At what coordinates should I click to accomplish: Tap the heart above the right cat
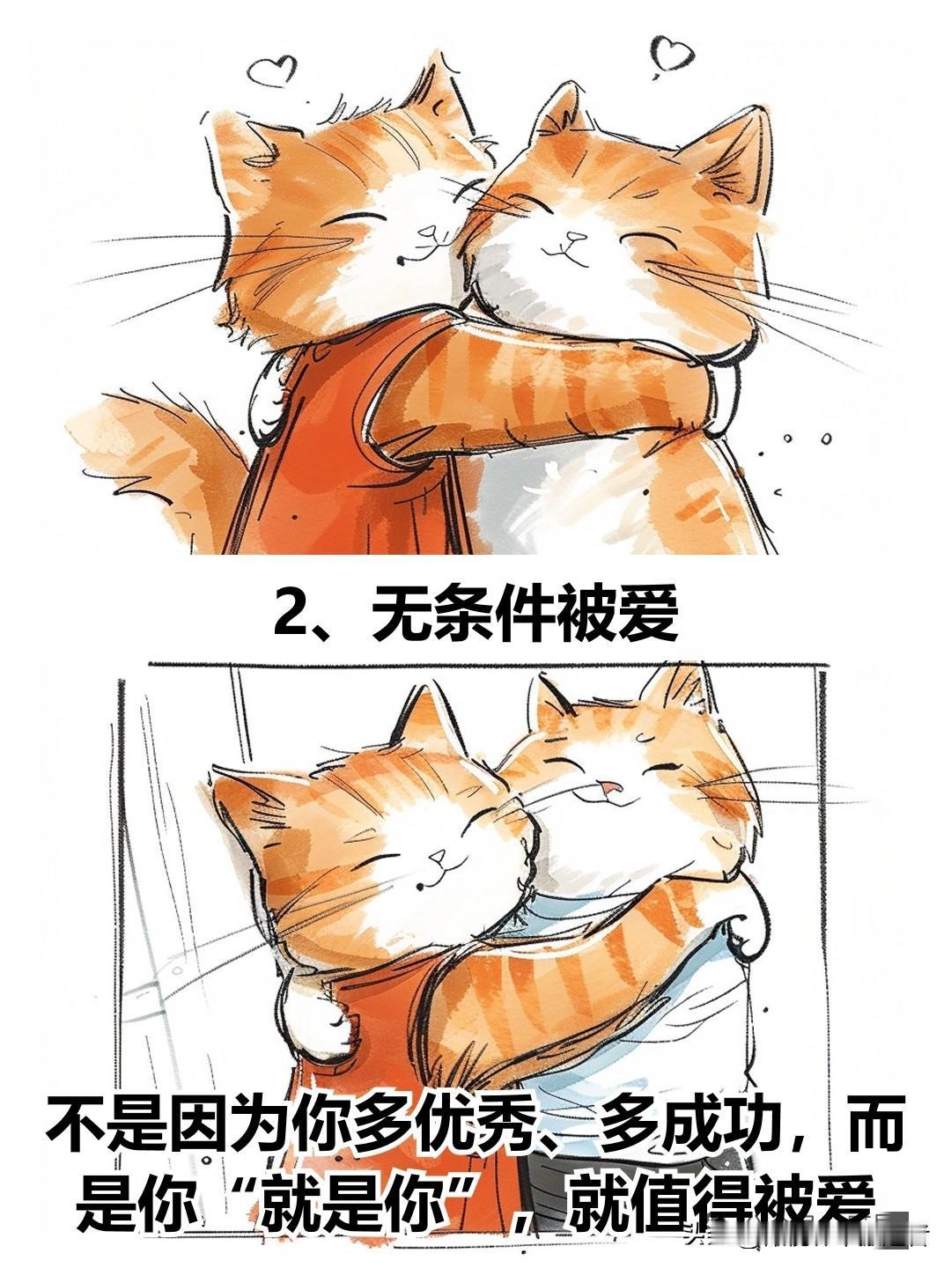(x=672, y=54)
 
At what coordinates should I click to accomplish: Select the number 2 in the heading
(x=294, y=611)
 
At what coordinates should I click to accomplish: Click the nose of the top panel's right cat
(x=575, y=236)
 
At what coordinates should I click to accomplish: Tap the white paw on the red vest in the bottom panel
(x=314, y=1008)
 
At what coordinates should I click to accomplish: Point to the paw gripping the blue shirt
(x=748, y=937)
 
